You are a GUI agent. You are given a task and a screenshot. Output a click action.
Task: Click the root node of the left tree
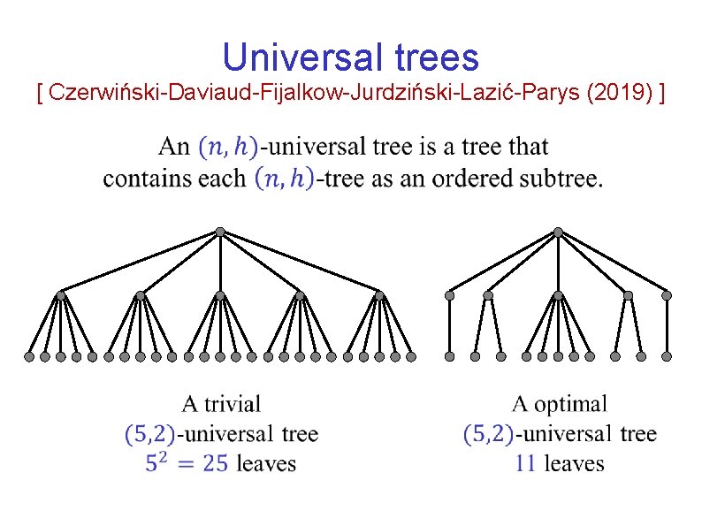pyautogui.click(x=220, y=232)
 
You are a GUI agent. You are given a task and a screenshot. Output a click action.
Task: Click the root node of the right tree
pyautogui.click(x=558, y=232)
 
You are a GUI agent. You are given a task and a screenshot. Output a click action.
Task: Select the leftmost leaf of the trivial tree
pyautogui.click(x=29, y=357)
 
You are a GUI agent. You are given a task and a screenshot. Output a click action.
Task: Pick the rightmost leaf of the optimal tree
pyautogui.click(x=667, y=356)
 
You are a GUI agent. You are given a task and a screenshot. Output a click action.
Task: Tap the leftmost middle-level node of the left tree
pyautogui.click(x=61, y=294)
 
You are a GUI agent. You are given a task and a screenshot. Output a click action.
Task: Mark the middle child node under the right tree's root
pyautogui.click(x=558, y=295)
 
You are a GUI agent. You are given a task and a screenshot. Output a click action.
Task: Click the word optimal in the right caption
pyautogui.click(x=571, y=405)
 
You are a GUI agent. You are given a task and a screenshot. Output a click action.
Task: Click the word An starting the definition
pyautogui.click(x=174, y=147)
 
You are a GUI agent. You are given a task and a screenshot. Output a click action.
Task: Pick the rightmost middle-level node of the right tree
pyautogui.click(x=667, y=295)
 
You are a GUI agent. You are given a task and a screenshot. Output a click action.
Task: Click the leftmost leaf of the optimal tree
pyautogui.click(x=449, y=356)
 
